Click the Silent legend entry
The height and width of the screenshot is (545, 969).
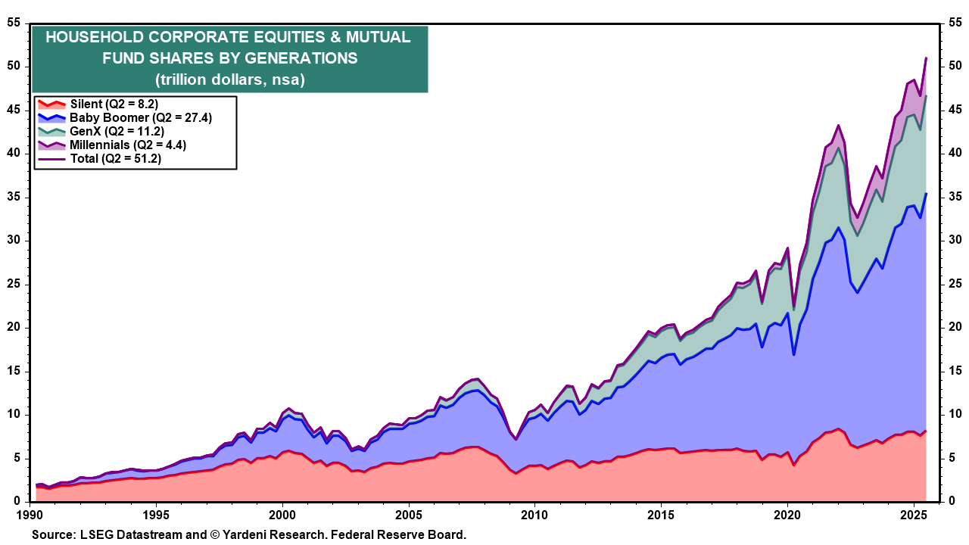(x=114, y=104)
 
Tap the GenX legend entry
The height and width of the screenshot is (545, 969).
(x=117, y=131)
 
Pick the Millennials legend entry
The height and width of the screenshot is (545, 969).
(x=127, y=145)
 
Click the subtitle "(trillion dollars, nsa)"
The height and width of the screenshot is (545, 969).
(x=229, y=79)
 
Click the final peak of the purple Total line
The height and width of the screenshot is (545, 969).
(x=926, y=58)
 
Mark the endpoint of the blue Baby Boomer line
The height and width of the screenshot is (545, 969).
(x=926, y=194)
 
